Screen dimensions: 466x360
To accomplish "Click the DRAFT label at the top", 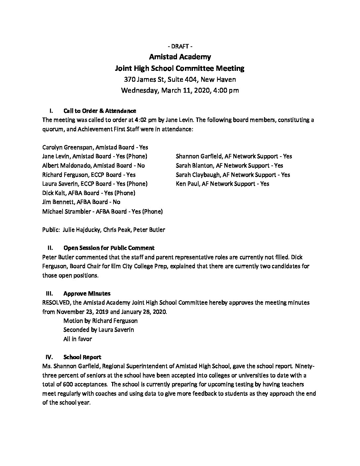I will pos(180,46).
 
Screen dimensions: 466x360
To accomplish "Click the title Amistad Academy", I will pos(180,57).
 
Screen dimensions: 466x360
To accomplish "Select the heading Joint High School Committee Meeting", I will pos(180,69).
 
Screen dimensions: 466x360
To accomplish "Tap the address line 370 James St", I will pos(180,79).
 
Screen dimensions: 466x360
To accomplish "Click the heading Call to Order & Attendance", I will pos(100,111).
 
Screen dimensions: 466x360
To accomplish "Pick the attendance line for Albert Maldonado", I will pos(94,165).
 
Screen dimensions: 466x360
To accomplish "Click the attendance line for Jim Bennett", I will pos(81,202).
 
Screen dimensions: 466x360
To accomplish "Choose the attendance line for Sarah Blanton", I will pos(230,165).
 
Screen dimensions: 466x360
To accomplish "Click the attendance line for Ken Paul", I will pos(222,184).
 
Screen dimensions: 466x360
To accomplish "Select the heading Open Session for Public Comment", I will pos(109,248).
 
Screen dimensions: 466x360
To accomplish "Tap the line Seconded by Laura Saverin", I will pos(99,330).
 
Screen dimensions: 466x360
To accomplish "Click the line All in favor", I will pos(77,339).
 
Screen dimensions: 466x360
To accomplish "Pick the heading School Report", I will pos(82,357).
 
